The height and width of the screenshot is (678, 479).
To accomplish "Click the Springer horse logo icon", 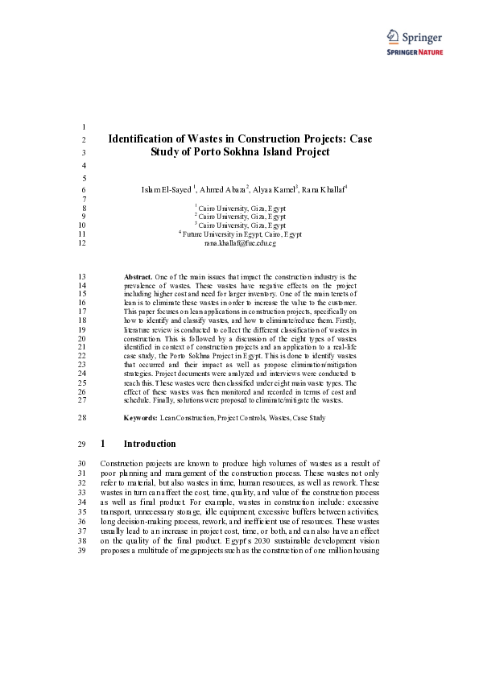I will [392, 35].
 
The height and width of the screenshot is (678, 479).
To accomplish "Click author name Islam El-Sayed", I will [167, 189].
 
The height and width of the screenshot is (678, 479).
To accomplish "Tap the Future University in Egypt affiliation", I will [241, 234].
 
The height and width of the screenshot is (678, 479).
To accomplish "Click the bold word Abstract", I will [138, 276].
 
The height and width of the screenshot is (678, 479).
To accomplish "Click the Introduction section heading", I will [149, 444].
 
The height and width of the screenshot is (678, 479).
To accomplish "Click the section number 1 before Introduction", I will [103, 444].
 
